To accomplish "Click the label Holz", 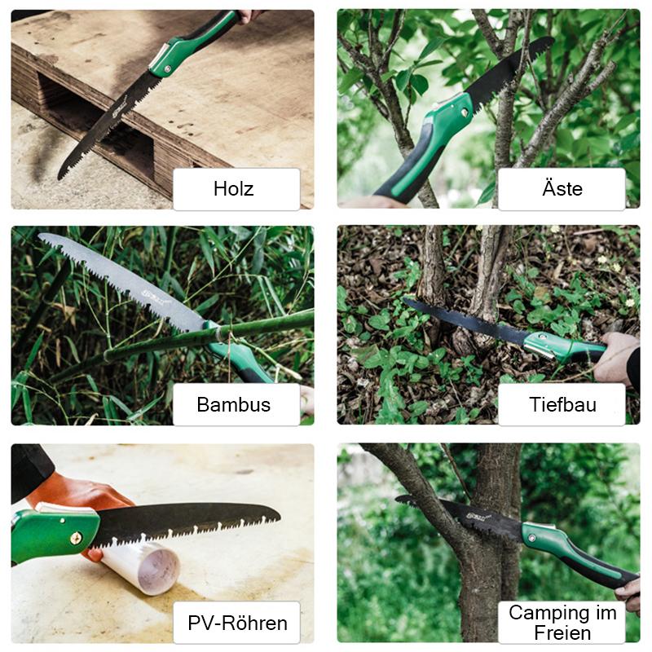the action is tap(234, 189).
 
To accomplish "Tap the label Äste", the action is tap(562, 188).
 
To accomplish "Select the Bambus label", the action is tap(234, 404).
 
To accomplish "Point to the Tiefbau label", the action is tap(562, 404).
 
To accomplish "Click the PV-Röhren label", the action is tap(237, 623).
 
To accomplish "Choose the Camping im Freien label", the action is tap(562, 623).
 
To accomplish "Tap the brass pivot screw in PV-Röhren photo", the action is tap(76, 539).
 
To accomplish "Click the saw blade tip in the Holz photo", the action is tap(59, 178).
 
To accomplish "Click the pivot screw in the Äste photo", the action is tap(465, 112).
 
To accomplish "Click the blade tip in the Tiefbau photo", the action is tap(403, 299).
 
